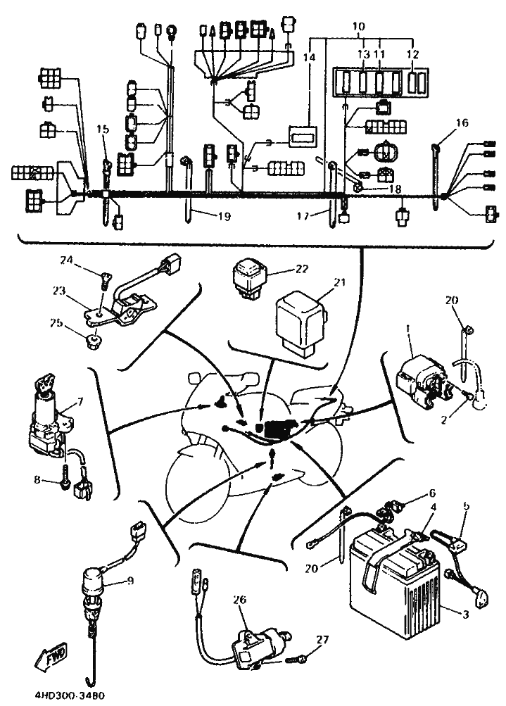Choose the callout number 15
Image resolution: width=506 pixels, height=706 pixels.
pyautogui.click(x=103, y=129)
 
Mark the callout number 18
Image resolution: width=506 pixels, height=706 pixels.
pyautogui.click(x=395, y=189)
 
